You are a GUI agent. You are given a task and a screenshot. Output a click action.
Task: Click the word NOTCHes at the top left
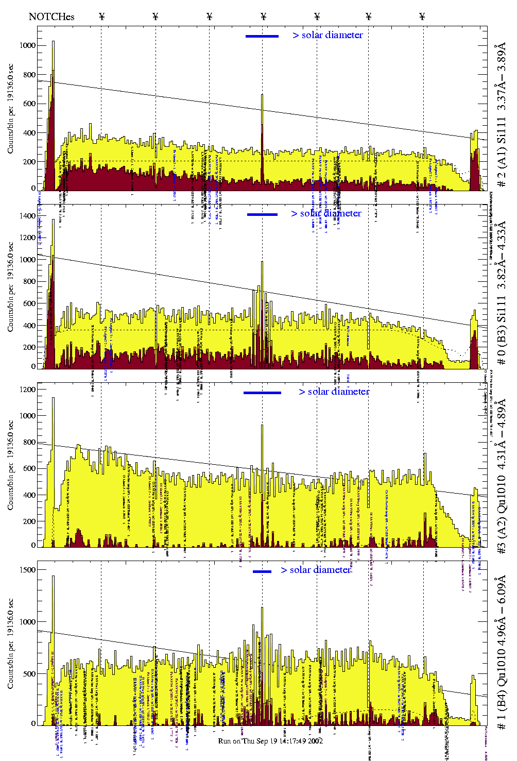pyautogui.click(x=51, y=17)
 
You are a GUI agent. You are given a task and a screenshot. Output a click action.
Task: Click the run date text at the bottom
pyautogui.click(x=270, y=741)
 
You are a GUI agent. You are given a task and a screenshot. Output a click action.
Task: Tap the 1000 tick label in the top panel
pyautogui.click(x=27, y=45)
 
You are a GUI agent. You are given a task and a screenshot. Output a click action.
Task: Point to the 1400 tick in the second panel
pyautogui.click(x=27, y=216)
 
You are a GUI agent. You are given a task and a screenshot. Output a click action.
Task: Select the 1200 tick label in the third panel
pyautogui.click(x=27, y=390)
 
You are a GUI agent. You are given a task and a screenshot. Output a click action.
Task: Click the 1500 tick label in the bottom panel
pyautogui.click(x=27, y=570)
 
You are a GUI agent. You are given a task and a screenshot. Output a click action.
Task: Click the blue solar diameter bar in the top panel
pyautogui.click(x=262, y=36)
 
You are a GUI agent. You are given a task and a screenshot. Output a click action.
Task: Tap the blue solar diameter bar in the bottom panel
pyautogui.click(x=262, y=571)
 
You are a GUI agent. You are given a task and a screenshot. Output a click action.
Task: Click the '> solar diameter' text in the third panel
pyautogui.click(x=334, y=392)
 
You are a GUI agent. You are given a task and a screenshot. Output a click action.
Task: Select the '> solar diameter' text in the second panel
pyautogui.click(x=326, y=213)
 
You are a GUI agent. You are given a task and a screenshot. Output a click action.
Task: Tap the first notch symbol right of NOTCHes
pyautogui.click(x=102, y=17)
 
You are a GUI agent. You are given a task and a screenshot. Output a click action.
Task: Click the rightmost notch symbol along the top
pyautogui.click(x=422, y=17)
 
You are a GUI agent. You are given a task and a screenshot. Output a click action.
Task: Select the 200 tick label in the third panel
pyautogui.click(x=29, y=521)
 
